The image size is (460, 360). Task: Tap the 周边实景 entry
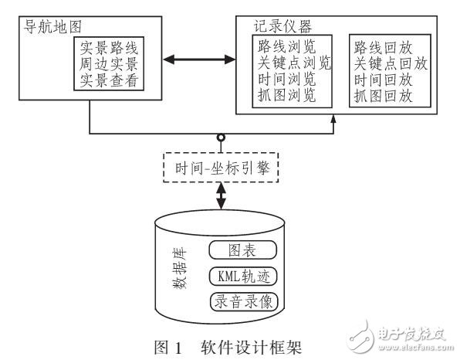tap(110, 62)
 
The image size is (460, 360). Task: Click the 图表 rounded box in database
tap(242, 250)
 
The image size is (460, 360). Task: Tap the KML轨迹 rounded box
tap(242, 276)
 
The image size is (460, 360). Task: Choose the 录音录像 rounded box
tap(242, 301)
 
